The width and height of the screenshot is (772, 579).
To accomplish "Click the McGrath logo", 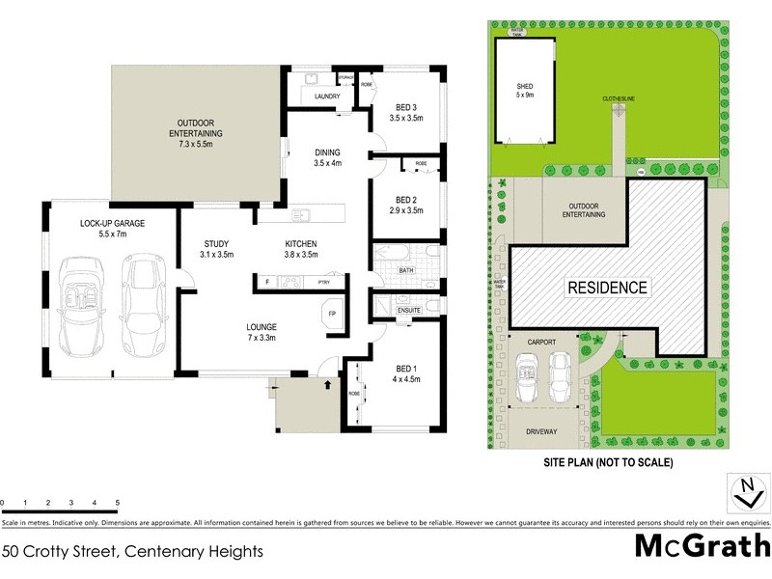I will click(x=701, y=546).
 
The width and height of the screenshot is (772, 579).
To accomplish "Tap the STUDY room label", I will click(x=215, y=249).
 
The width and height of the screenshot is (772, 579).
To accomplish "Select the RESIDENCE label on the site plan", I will click(x=607, y=288).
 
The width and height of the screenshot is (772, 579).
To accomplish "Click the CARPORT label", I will click(x=543, y=343).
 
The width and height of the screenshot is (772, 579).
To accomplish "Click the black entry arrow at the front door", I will click(x=327, y=384).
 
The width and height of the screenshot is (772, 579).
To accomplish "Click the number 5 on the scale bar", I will click(x=117, y=504).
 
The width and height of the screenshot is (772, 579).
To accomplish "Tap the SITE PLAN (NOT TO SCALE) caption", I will click(x=607, y=462).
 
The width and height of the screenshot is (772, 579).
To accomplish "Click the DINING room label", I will click(x=328, y=157).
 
